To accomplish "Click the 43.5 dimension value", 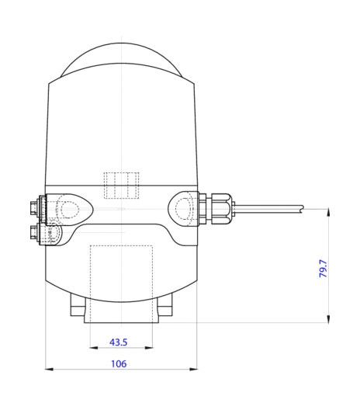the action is [x=119, y=342].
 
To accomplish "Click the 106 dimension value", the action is [x=119, y=363].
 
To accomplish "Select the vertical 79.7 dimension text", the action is [x=324, y=269].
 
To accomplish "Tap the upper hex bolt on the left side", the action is [x=34, y=208].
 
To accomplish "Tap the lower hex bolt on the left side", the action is [x=34, y=232].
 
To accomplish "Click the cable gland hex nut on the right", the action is [x=221, y=208].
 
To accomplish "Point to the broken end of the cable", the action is [x=303, y=209].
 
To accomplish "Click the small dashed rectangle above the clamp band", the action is [x=122, y=186].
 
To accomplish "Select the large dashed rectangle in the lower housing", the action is [x=121, y=284].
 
